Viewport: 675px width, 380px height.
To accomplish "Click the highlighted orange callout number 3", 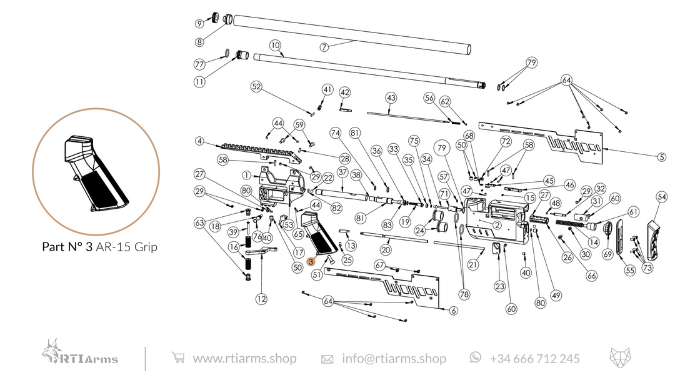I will pos(311,263).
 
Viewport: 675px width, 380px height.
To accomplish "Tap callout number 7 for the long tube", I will pos(324,47).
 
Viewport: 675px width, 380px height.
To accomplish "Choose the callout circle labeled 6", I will pos(453,311).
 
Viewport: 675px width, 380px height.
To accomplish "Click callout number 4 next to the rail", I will pos(199,141).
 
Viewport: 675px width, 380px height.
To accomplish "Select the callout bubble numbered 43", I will pos(391,98).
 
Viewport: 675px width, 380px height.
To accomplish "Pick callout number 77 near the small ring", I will pos(199,64).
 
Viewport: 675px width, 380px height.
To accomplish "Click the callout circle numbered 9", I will pos(199,24).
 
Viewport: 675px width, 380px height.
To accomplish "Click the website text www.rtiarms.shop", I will pos(244,359).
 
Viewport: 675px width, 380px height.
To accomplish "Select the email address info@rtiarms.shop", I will pos(394,359).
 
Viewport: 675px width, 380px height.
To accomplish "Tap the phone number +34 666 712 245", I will pos(534,359).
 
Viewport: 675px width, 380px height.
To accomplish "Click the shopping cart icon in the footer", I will pos(178,358).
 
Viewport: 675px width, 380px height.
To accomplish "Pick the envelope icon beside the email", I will pos(327,359).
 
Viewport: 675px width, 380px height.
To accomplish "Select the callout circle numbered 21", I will pos(472,265).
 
